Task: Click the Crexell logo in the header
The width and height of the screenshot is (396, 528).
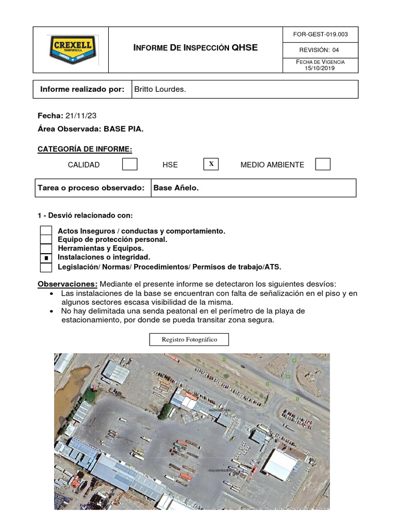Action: [71, 49]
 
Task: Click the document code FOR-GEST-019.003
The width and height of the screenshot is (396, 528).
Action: [320, 35]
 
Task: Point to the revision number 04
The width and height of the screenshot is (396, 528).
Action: [335, 50]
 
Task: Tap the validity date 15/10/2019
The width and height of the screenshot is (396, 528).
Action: [320, 68]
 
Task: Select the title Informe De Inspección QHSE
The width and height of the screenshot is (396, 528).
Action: [195, 48]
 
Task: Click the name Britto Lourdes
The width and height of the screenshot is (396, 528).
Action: [160, 89]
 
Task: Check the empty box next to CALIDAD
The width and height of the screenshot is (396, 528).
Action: [129, 164]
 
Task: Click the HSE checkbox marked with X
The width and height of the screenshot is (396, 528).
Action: [211, 164]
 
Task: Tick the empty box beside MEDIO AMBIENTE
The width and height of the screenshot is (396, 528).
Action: [323, 164]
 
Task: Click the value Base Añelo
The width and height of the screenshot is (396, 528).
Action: [176, 188]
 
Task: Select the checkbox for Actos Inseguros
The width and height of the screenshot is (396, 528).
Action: [46, 231]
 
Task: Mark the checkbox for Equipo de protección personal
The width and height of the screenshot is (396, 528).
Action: [46, 240]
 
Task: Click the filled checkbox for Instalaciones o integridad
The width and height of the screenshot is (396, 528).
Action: [46, 257]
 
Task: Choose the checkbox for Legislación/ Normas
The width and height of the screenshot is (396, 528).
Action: [46, 267]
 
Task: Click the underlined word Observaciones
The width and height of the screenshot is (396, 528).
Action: [68, 284]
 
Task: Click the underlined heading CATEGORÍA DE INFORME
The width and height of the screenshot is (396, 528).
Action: [85, 150]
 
